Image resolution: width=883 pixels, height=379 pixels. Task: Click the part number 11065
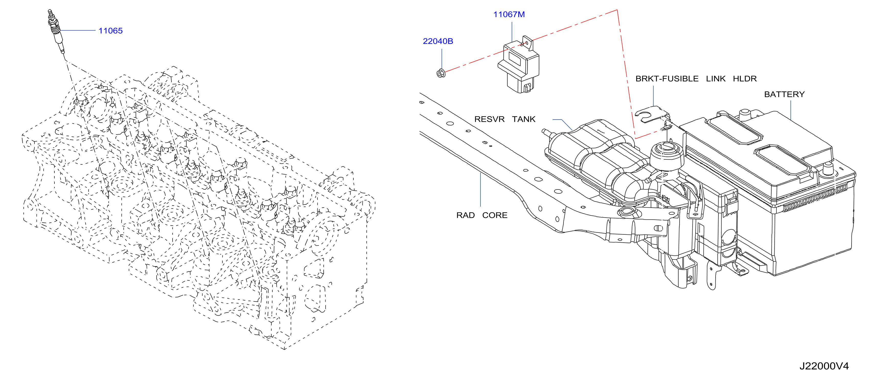click(110, 31)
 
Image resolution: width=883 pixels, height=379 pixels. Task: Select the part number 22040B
click(438, 41)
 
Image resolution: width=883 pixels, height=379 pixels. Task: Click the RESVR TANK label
click(504, 119)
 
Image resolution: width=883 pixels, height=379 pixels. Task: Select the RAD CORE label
click(481, 215)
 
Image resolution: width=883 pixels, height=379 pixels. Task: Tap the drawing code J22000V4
click(824, 366)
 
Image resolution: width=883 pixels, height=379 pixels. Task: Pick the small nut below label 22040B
click(441, 73)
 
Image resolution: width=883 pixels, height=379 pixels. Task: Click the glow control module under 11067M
click(518, 65)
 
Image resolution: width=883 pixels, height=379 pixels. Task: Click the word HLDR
click(744, 79)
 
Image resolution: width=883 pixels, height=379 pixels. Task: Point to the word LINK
click(715, 79)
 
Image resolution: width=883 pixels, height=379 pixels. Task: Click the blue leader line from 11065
click(77, 30)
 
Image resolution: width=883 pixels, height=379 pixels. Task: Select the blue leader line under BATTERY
click(791, 110)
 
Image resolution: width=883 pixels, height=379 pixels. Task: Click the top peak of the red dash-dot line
click(617, 10)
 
